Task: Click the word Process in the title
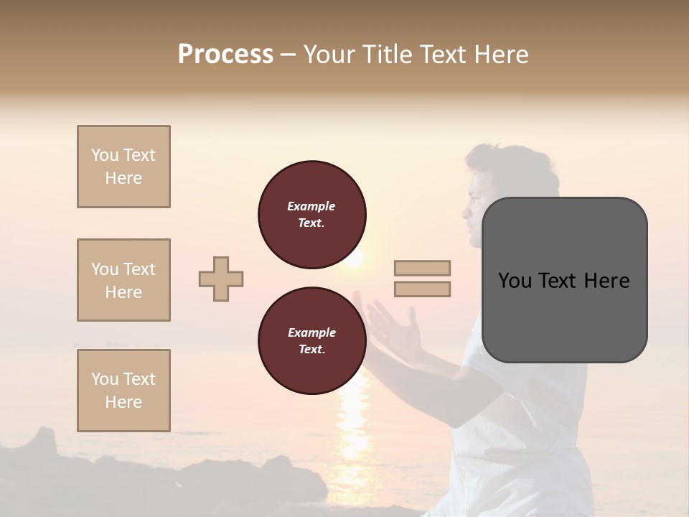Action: [225, 55]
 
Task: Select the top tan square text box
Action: [123, 167]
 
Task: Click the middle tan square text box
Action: [123, 280]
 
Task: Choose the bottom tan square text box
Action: [123, 390]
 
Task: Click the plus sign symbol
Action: [221, 279]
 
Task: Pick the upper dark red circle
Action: [311, 214]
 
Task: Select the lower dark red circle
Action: [311, 340]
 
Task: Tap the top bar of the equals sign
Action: [423, 268]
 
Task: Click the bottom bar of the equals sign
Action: [423, 289]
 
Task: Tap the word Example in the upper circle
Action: [311, 206]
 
